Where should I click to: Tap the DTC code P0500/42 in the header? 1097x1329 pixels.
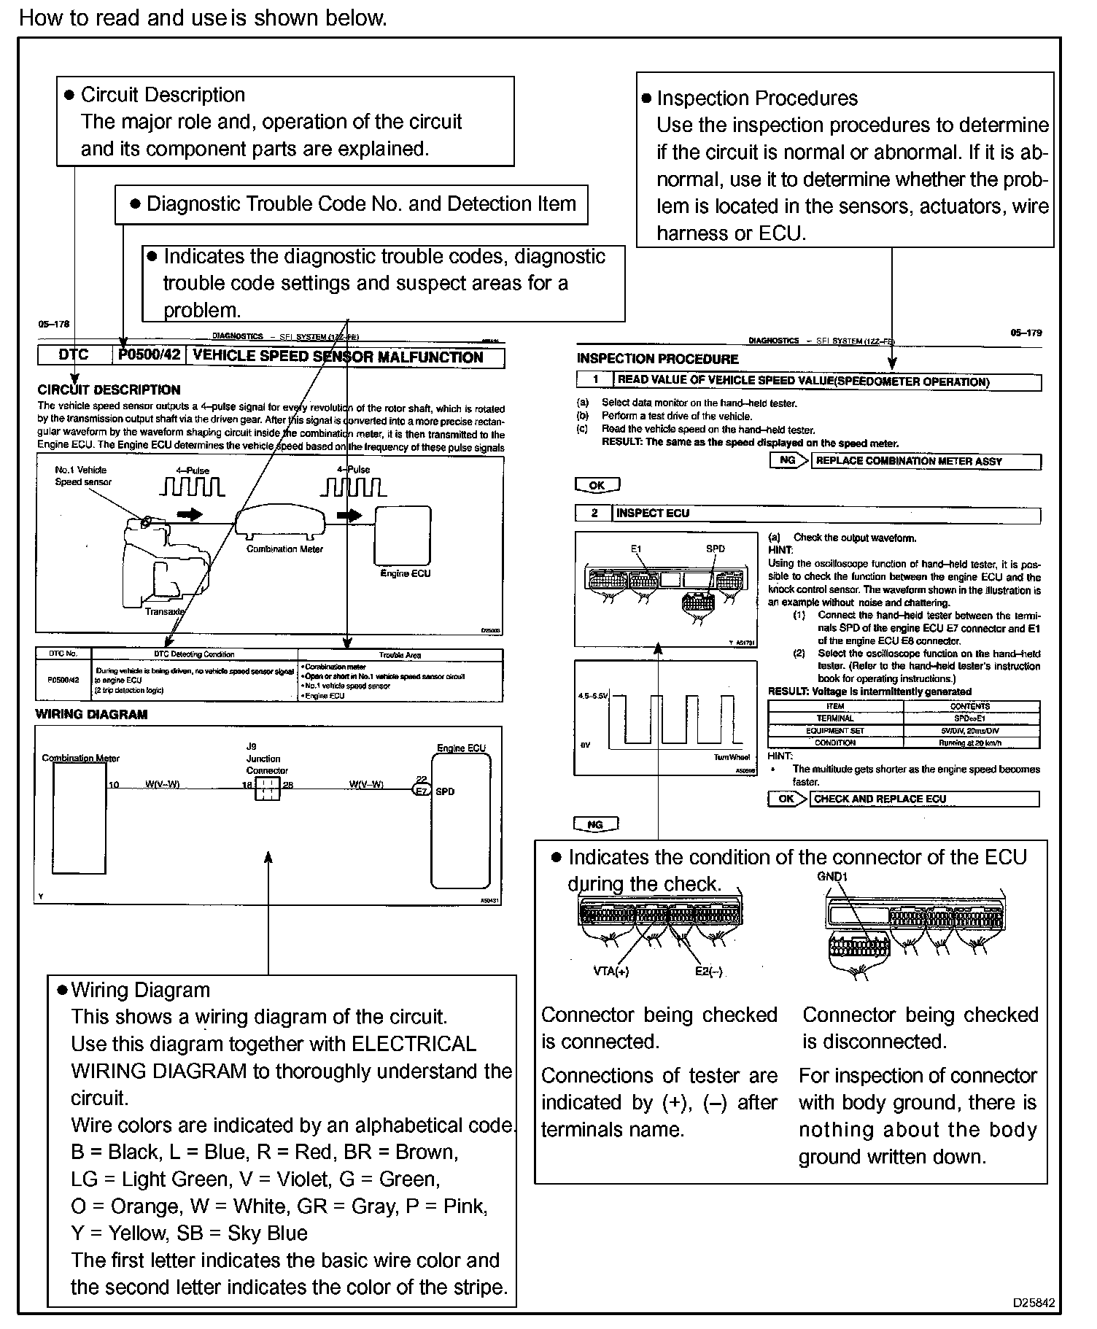148,356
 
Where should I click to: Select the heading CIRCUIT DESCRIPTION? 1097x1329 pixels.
109,390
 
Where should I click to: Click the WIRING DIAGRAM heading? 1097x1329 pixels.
91,714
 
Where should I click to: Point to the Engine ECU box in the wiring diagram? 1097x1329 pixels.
461,821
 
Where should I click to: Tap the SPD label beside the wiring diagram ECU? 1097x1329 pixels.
445,791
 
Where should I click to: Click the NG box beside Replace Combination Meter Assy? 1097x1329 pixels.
787,460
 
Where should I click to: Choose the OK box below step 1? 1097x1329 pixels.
597,485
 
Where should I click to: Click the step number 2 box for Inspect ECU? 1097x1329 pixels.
594,514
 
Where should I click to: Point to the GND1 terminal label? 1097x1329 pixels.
832,876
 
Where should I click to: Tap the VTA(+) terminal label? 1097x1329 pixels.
611,971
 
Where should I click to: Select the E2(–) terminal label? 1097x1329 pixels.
708,971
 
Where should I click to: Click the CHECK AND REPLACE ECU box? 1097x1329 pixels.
925,799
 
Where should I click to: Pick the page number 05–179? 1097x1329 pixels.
1026,333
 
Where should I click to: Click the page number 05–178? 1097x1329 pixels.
53,325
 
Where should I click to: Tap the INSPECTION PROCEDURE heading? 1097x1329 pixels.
657,359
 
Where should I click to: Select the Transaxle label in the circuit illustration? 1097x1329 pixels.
163,611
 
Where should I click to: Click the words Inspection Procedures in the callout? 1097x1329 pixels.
757,98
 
